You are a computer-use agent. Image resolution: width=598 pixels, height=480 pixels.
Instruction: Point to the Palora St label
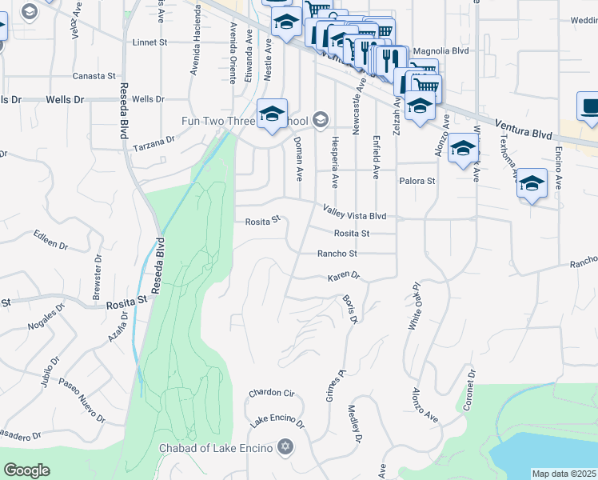(417, 181)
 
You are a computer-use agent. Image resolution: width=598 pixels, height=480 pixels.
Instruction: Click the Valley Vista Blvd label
(354, 212)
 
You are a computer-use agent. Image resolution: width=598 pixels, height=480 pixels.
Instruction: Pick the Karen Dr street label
(345, 278)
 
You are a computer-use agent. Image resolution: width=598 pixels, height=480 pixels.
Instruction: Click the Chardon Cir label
(272, 394)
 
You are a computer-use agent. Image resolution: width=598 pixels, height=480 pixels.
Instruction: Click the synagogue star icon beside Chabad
(285, 447)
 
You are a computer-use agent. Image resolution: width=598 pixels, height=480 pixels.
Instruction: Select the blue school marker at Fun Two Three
(271, 114)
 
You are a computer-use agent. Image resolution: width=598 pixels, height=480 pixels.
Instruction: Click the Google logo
(26, 470)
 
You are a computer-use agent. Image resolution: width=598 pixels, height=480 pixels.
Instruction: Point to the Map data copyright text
(563, 473)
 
